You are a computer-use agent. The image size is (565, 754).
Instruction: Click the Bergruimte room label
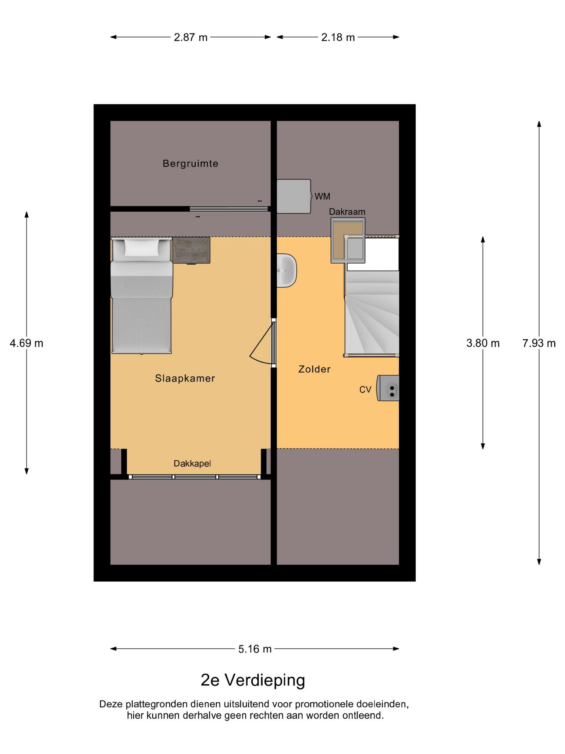[x=191, y=163]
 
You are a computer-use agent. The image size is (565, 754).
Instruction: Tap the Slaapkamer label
[x=185, y=378]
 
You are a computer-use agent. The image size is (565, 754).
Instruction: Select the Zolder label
[x=315, y=369]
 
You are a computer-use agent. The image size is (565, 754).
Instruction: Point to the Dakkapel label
[x=192, y=464]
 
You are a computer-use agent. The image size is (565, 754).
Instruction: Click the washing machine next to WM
[x=294, y=196]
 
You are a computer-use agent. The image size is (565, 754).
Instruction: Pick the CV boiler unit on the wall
[x=388, y=388]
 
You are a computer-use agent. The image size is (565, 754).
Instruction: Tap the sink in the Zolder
[x=287, y=270]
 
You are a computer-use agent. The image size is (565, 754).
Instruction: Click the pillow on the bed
[x=142, y=247]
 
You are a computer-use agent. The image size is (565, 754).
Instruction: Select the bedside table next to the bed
[x=191, y=250]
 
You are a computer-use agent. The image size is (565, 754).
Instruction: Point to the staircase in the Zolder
[x=372, y=313]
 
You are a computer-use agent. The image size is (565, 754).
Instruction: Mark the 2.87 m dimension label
[x=191, y=37]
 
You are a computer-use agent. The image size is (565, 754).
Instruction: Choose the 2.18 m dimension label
[x=338, y=37]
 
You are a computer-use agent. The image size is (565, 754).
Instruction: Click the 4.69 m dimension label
[x=26, y=343]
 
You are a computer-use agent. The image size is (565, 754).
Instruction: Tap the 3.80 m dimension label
[x=483, y=343]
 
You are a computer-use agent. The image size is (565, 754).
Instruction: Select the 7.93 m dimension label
[x=539, y=343]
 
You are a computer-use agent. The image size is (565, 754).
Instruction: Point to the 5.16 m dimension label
[x=255, y=649]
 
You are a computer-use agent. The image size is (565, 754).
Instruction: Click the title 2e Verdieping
[x=253, y=680]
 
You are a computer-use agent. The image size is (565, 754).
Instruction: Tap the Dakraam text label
[x=347, y=212]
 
